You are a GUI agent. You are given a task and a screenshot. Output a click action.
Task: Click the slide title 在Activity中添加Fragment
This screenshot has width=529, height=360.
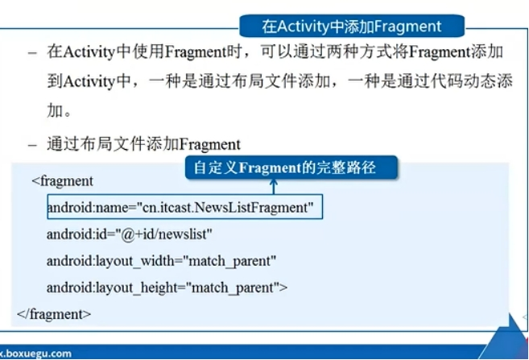352,26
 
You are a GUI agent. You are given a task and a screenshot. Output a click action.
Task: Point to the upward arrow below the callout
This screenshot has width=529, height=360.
275,187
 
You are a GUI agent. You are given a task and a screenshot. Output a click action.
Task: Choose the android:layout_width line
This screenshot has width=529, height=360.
161,261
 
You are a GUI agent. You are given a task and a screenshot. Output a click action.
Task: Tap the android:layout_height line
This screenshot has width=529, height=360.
167,288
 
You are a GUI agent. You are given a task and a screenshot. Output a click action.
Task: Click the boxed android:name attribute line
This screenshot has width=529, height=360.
184,208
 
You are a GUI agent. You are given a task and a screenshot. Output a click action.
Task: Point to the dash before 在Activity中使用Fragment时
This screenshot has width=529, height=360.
33,52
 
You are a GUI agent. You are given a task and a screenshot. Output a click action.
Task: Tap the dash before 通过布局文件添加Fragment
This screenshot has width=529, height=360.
33,144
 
